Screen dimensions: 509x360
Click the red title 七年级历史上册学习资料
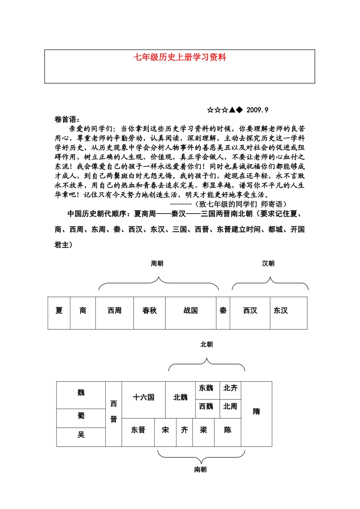[x=180, y=58]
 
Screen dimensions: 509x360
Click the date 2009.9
[x=257, y=110]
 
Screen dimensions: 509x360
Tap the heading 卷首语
[x=67, y=119]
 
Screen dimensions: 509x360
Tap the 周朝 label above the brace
[x=157, y=264]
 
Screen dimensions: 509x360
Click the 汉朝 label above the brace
[x=268, y=264]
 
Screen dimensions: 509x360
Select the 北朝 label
[x=207, y=344]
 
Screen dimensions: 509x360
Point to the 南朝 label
[x=200, y=470]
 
